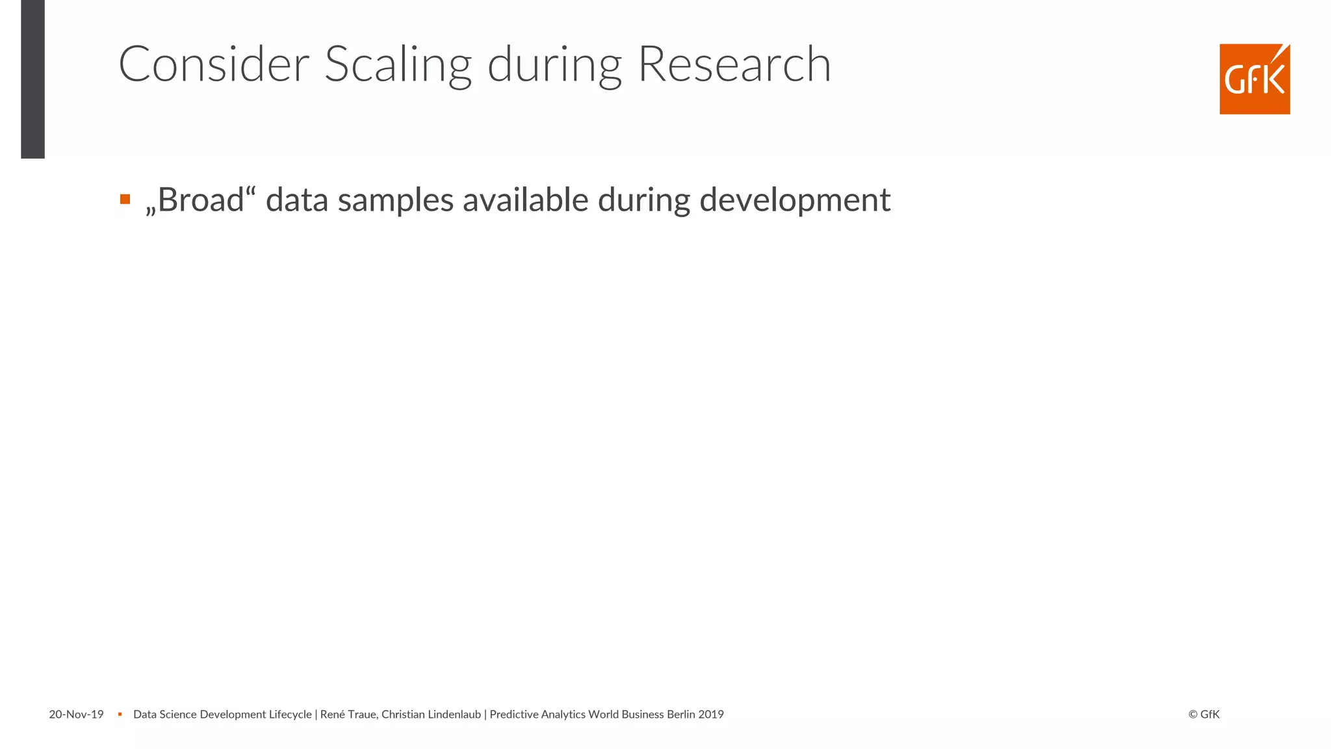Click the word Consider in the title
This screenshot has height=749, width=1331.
pos(214,64)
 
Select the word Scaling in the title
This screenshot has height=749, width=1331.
pos(398,66)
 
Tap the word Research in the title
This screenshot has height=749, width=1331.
pos(734,64)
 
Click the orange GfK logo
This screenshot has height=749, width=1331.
pos(1254,79)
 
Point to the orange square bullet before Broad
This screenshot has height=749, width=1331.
pos(125,199)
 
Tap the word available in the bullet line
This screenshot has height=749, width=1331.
pos(525,200)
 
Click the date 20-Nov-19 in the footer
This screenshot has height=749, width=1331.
pos(76,715)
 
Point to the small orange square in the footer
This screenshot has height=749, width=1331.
pos(120,715)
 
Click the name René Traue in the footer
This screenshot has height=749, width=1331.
pos(348,715)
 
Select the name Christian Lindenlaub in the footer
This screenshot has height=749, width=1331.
pos(431,715)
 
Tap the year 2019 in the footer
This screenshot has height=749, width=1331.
pos(711,715)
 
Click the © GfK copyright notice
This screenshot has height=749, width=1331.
pos(1204,715)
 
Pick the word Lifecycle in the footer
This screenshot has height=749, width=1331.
pos(290,715)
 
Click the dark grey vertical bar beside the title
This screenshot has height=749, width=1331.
pos(32,79)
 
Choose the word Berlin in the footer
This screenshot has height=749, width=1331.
pos(681,715)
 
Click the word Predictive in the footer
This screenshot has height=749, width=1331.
pos(514,715)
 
